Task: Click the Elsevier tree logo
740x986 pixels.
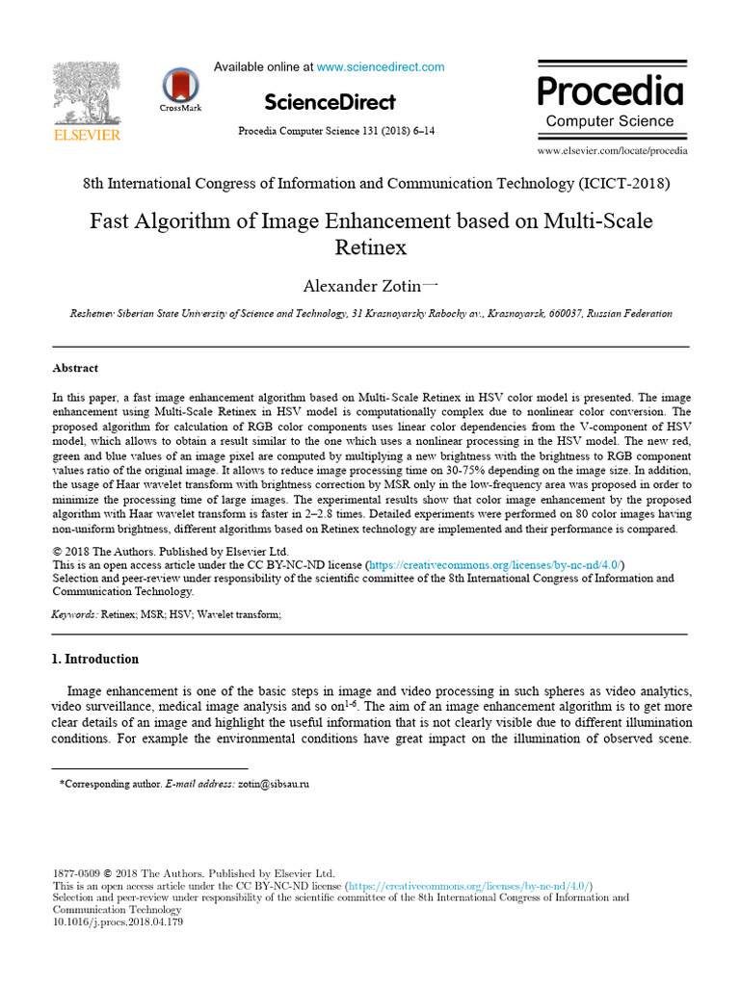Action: tap(86, 94)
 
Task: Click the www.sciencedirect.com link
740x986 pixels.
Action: tap(381, 67)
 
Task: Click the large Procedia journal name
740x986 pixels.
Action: tap(610, 91)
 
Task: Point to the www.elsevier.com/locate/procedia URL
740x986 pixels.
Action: tap(612, 151)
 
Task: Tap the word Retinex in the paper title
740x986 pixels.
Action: tap(371, 247)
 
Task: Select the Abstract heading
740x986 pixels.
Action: tap(75, 368)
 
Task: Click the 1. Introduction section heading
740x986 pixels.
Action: tap(94, 660)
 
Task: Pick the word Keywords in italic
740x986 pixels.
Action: tap(74, 614)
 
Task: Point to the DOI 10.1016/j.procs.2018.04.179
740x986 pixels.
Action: tap(118, 921)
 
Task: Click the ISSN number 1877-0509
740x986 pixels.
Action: tap(74, 872)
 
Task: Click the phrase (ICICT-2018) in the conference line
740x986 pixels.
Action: tap(624, 183)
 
